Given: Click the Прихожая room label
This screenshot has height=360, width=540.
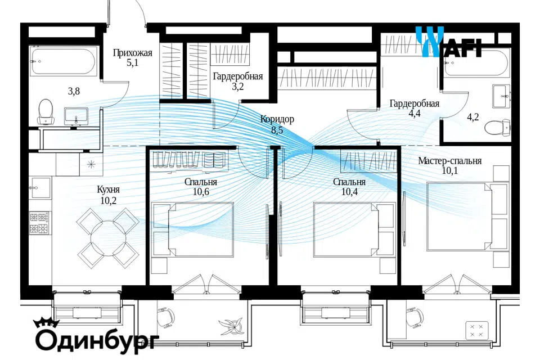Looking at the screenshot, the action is pos(132,53).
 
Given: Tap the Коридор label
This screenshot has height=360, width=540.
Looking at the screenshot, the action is pos(277,119).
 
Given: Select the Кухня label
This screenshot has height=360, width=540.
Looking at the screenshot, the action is pos(108,190).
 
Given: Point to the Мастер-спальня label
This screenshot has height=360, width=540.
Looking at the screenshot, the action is pos(450,161).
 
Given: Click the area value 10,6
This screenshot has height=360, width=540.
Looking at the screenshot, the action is pos(201,192).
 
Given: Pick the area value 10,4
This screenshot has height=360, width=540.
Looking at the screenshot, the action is pos(349,192).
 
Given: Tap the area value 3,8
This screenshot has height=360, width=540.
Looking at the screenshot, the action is pos(74,91).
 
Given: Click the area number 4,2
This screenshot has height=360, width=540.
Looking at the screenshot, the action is pos(473,117).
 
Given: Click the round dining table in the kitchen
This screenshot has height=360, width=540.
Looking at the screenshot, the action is pos(108,238).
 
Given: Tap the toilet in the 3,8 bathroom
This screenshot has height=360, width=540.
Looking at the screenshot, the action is pos(46,111).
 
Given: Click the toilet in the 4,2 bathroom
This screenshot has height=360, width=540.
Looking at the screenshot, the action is pos(497,127).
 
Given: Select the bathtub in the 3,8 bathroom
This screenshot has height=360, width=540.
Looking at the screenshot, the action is pos(63,61).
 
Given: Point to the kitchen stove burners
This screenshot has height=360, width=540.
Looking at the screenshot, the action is pos(39,223).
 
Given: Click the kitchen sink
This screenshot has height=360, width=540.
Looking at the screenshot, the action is pos(40,188).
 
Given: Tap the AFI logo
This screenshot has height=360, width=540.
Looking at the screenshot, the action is pos(448,42).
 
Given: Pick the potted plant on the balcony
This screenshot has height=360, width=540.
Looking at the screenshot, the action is pos(232,325).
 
